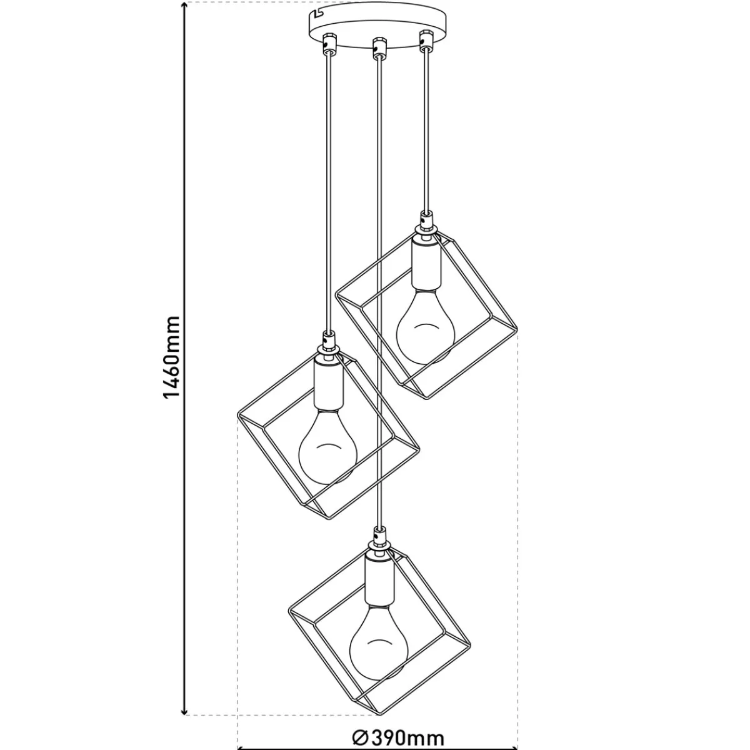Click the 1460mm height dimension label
click(172, 357)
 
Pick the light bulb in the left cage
click(327, 446)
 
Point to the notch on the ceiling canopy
click(317, 14)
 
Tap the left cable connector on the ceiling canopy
click(329, 43)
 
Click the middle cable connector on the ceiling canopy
click(378, 47)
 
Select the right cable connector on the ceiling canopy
click(426, 42)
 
